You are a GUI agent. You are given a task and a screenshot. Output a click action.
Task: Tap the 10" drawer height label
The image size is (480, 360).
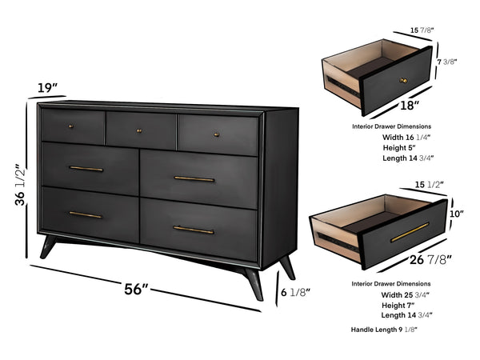tap(458, 214)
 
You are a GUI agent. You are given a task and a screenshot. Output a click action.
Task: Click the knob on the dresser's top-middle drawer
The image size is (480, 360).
tap(139, 130)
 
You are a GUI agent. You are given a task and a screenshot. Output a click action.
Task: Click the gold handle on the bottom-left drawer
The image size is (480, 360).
tap(86, 214)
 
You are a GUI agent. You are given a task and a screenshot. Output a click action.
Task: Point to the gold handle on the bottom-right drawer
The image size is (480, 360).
tap(194, 230)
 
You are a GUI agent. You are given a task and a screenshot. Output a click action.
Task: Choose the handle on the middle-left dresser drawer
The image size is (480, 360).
tap(86, 169)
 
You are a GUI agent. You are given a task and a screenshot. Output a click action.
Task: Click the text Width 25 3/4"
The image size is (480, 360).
tap(406, 296)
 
